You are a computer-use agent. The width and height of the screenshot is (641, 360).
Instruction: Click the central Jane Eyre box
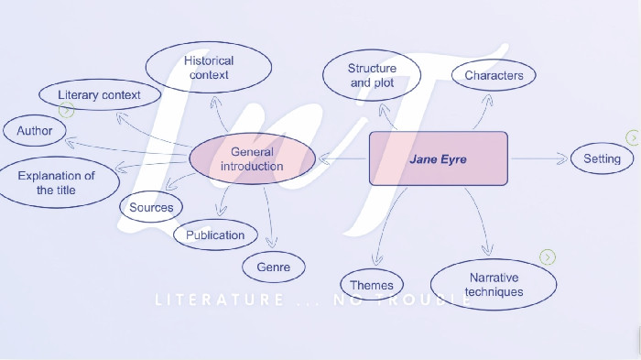pyautogui.click(x=438, y=158)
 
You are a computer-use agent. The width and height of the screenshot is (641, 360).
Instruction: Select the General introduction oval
pyautogui.click(x=252, y=159)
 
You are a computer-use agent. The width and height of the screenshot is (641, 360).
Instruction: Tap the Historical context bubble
pyautogui.click(x=209, y=68)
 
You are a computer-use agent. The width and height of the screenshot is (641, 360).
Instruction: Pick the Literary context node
pyautogui.click(x=99, y=94)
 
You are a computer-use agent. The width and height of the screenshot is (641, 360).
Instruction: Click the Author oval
pyautogui.click(x=35, y=131)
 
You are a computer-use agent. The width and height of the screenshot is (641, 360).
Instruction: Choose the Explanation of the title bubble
pyautogui.click(x=57, y=182)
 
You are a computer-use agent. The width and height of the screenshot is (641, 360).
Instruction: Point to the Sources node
pyautogui.click(x=151, y=207)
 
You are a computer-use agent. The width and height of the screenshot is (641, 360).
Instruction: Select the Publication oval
pyautogui.click(x=215, y=235)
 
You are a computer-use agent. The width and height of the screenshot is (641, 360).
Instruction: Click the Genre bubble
pyautogui.click(x=273, y=267)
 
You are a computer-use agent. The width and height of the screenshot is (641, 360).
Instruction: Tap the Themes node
pyautogui.click(x=372, y=285)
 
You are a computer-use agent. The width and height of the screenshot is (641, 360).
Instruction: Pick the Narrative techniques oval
pyautogui.click(x=494, y=284)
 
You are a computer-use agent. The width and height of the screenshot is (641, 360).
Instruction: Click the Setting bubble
pyautogui.click(x=602, y=158)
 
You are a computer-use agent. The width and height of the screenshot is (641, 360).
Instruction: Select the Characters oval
pyautogui.click(x=494, y=76)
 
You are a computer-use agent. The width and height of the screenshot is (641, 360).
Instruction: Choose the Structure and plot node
pyautogui.click(x=373, y=75)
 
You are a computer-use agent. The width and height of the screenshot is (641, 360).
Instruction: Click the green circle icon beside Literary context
pyautogui.click(x=66, y=110)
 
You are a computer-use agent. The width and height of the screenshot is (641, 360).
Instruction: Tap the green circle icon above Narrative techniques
pyautogui.click(x=548, y=257)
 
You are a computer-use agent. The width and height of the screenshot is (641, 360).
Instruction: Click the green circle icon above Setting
pyautogui.click(x=633, y=137)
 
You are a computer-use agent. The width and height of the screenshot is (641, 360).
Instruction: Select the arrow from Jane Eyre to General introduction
pyautogui.click(x=342, y=158)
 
